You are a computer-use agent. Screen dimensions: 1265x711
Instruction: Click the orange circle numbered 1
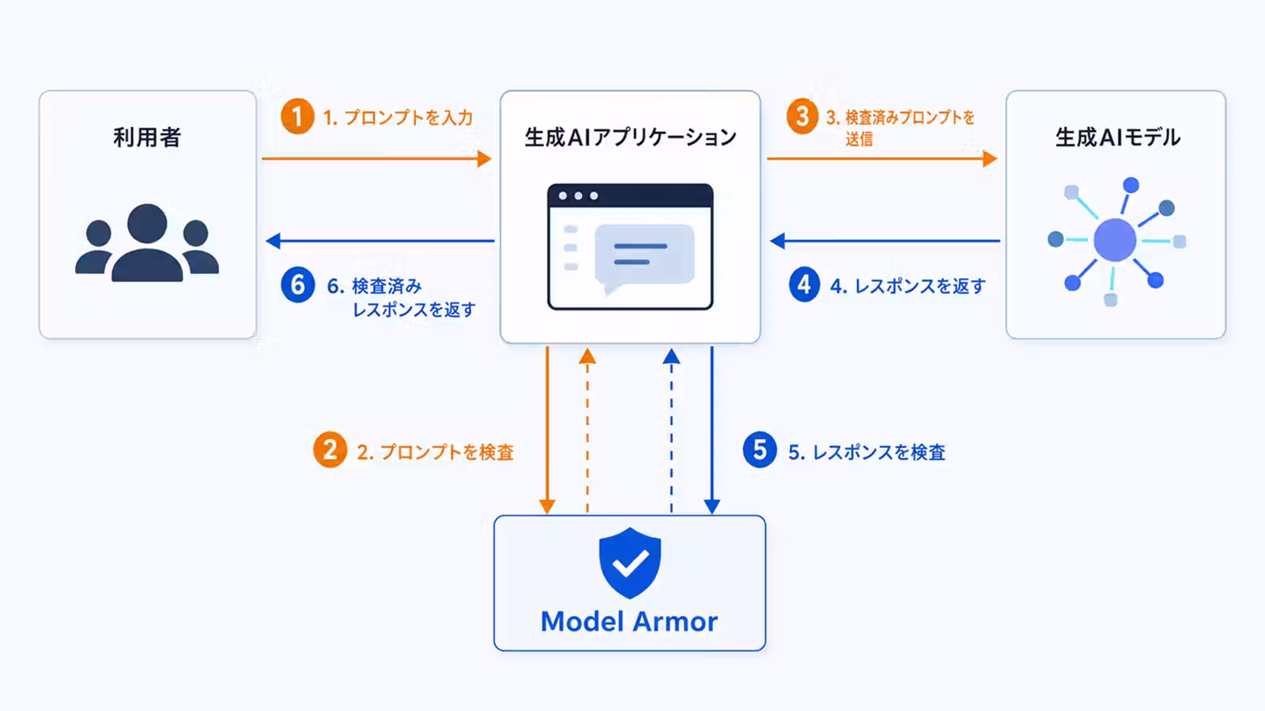pyautogui.click(x=297, y=117)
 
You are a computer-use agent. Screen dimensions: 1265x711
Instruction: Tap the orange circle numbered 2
pyautogui.click(x=330, y=450)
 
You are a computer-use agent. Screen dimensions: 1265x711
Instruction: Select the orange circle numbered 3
pyautogui.click(x=802, y=117)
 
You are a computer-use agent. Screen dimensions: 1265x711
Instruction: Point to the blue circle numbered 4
pyautogui.click(x=804, y=284)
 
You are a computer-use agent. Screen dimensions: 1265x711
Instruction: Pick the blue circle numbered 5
pyautogui.click(x=760, y=450)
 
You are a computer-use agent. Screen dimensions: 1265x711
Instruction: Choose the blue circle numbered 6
pyautogui.click(x=297, y=284)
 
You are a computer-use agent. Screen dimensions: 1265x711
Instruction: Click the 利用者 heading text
pyautogui.click(x=147, y=137)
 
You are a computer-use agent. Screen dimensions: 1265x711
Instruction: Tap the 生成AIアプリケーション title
pyautogui.click(x=630, y=137)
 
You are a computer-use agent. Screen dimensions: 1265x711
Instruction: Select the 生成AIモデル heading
pyautogui.click(x=1118, y=137)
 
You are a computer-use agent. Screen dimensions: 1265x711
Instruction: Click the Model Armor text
pyautogui.click(x=629, y=621)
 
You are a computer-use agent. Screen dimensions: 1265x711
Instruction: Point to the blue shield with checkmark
pyautogui.click(x=629, y=562)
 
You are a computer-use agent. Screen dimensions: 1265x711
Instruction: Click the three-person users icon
pyautogui.click(x=147, y=243)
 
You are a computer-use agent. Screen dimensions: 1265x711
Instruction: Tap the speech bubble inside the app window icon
pyautogui.click(x=644, y=258)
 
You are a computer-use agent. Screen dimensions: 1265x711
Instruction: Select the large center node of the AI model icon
pyautogui.click(x=1115, y=240)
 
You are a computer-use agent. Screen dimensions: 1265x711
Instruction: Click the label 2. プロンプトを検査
pyautogui.click(x=436, y=452)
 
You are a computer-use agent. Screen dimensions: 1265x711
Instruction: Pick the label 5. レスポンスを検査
pyautogui.click(x=867, y=452)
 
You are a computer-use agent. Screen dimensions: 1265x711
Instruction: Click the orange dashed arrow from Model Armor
pyautogui.click(x=587, y=431)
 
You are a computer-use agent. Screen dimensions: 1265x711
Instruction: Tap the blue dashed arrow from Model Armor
pyautogui.click(x=671, y=431)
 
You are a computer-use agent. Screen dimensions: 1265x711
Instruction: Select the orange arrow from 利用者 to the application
pyautogui.click(x=376, y=159)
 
